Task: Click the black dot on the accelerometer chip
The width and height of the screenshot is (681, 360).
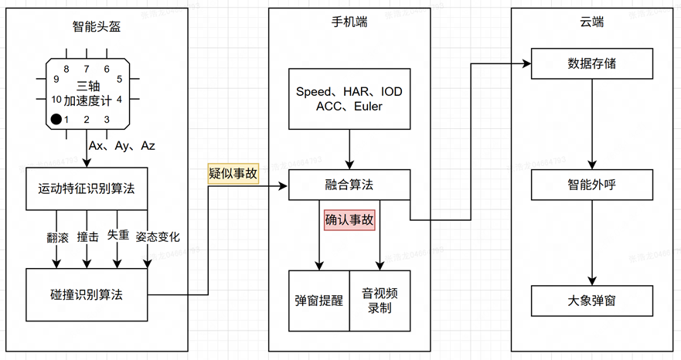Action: pyautogui.click(x=56, y=119)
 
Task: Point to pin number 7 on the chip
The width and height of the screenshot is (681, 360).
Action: pyautogui.click(x=86, y=69)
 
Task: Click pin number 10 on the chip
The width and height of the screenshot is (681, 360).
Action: pyautogui.click(x=56, y=99)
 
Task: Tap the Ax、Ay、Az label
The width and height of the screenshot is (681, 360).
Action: pyautogui.click(x=122, y=145)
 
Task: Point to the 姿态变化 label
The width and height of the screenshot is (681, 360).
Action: pyautogui.click(x=157, y=236)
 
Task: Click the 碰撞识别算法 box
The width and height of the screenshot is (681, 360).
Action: pyautogui.click(x=86, y=294)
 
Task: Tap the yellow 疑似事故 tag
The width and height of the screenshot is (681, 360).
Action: pyautogui.click(x=233, y=175)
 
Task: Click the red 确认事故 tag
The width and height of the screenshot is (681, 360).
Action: pyautogui.click(x=349, y=220)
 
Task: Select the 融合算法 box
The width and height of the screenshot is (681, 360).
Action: pyautogui.click(x=349, y=185)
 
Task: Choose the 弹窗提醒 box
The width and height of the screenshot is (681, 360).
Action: pyautogui.click(x=319, y=301)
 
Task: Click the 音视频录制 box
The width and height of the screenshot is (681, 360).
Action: pyautogui.click(x=380, y=301)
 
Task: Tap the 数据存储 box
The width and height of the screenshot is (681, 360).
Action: pyautogui.click(x=591, y=63)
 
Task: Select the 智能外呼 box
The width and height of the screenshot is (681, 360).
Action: pyautogui.click(x=591, y=185)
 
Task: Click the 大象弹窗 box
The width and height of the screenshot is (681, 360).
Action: pyautogui.click(x=591, y=301)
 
